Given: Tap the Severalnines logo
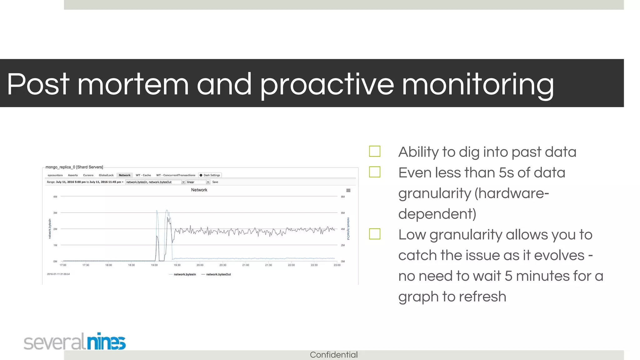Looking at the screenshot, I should (x=75, y=342).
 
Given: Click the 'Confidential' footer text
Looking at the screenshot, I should (x=333, y=355).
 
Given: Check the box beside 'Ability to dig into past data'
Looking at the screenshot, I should (x=374, y=151).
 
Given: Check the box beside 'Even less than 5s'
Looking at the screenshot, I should (x=374, y=172).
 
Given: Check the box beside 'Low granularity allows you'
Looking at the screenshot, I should (x=374, y=234).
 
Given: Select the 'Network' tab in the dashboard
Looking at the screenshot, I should (x=124, y=175).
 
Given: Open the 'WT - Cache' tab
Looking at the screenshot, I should (x=143, y=175).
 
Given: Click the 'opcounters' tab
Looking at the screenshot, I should (x=55, y=175).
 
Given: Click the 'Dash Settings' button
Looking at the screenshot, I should (x=210, y=175).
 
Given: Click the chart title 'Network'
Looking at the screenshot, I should (x=199, y=190).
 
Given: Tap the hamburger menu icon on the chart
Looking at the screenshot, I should (x=348, y=190).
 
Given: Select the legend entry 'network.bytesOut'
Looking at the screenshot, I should (x=218, y=274).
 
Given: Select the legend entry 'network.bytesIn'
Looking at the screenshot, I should (x=184, y=274).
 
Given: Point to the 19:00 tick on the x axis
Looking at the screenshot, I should (x=154, y=265).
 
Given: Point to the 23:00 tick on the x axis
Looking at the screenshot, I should (x=337, y=265).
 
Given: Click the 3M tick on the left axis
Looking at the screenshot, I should (x=55, y=213).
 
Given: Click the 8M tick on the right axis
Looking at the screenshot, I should (x=343, y=197).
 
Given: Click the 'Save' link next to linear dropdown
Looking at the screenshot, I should (x=215, y=182).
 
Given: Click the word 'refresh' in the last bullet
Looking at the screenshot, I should (x=482, y=296).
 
